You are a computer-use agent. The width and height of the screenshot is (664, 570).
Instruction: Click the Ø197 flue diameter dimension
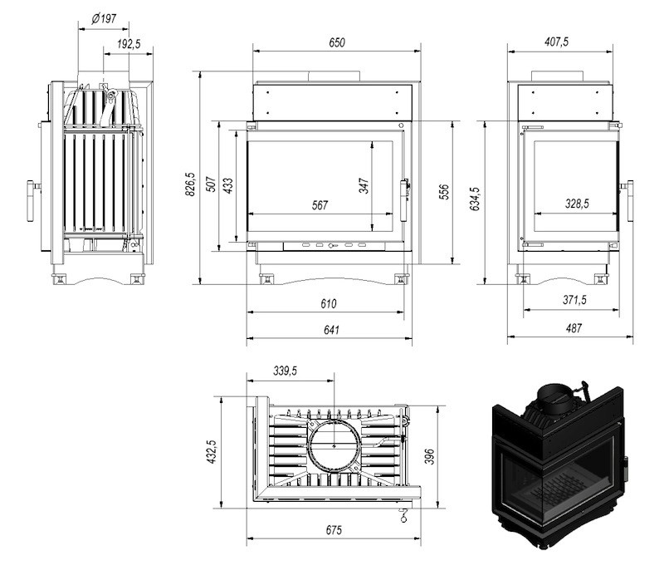point(104,18)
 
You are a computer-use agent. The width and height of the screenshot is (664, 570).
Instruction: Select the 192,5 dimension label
point(129,44)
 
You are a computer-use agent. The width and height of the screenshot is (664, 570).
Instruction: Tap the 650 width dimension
point(337,42)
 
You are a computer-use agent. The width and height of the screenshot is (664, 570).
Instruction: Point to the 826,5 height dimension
point(190,184)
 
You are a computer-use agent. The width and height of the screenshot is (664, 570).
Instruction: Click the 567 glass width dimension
point(320,205)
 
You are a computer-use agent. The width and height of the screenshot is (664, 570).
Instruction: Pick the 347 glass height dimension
point(364,186)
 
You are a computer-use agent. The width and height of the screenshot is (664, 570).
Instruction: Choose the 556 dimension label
point(444,192)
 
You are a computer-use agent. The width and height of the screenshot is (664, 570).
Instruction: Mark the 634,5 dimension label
point(475,199)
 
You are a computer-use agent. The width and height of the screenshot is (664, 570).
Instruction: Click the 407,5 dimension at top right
point(556,42)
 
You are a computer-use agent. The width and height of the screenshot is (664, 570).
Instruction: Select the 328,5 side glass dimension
point(577,204)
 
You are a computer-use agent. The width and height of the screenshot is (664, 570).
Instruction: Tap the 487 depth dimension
point(574,328)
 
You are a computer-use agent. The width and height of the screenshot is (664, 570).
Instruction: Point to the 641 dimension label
point(331,330)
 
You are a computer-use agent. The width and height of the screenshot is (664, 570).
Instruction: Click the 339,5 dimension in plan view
point(285,371)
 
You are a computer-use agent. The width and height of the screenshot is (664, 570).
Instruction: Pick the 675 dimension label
point(334,530)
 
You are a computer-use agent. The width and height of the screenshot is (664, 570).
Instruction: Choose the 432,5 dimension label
point(212,451)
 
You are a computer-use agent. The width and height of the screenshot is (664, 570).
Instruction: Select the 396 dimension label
point(429,456)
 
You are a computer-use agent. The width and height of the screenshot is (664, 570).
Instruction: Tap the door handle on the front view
point(404,199)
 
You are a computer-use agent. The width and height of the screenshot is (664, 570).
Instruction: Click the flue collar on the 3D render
point(554,398)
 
